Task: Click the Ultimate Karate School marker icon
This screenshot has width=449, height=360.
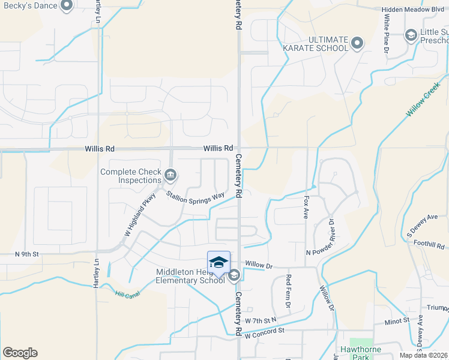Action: coord(357,43)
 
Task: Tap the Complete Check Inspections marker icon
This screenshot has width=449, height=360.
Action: coord(170,176)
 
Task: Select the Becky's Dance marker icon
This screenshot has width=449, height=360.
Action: coord(66,6)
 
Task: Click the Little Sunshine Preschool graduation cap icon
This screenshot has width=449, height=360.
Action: coord(411,35)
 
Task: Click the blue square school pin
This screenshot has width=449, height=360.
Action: coord(218,263)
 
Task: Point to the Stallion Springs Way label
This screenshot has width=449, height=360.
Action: coord(195,197)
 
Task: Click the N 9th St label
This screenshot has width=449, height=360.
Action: coord(26,254)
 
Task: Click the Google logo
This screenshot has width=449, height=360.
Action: coord(20,352)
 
